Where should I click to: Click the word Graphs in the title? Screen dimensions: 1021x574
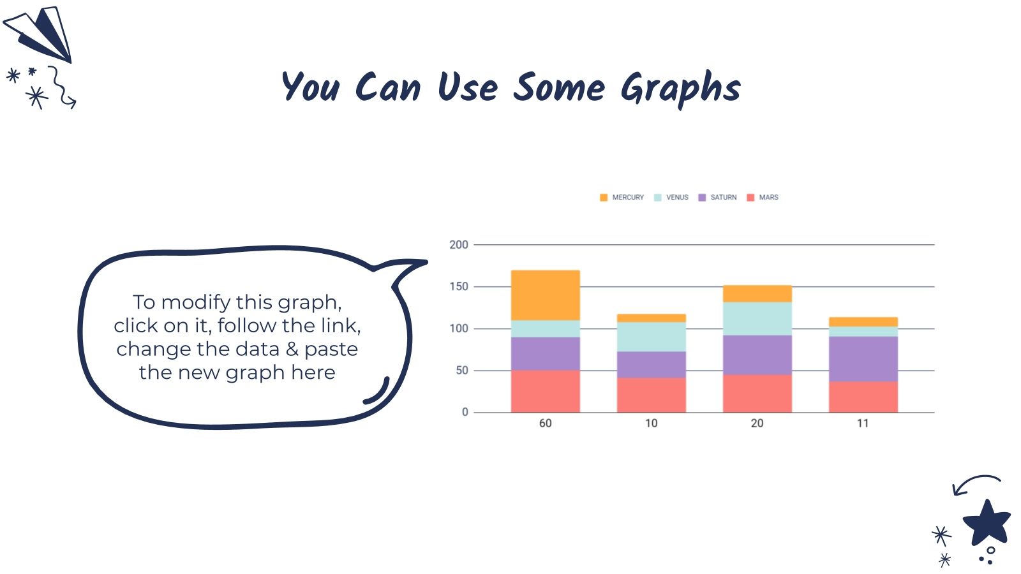point(681,89)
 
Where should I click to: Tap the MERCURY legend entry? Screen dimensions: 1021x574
point(622,197)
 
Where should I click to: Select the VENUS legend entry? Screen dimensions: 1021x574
point(671,197)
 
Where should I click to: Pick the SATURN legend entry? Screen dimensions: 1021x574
point(717,197)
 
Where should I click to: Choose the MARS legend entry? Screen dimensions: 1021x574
point(763,197)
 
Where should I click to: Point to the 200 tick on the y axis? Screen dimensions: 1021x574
point(459,245)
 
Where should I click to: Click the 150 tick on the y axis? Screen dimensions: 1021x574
point(459,286)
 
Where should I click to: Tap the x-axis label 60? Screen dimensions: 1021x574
point(545,423)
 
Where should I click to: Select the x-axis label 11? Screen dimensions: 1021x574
point(863,423)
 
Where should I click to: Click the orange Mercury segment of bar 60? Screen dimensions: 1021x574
point(545,295)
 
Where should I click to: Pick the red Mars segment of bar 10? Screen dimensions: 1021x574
point(652,395)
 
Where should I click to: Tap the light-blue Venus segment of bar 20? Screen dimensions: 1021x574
point(757,319)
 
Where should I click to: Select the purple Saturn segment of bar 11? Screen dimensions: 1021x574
point(863,359)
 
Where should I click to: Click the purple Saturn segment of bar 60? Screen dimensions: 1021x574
point(545,353)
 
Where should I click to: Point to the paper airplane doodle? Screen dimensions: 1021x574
point(39,34)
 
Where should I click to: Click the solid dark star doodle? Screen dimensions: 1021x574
point(987,523)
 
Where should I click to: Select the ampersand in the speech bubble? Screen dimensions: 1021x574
point(292,350)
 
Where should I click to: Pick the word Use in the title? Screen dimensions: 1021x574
point(468,87)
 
